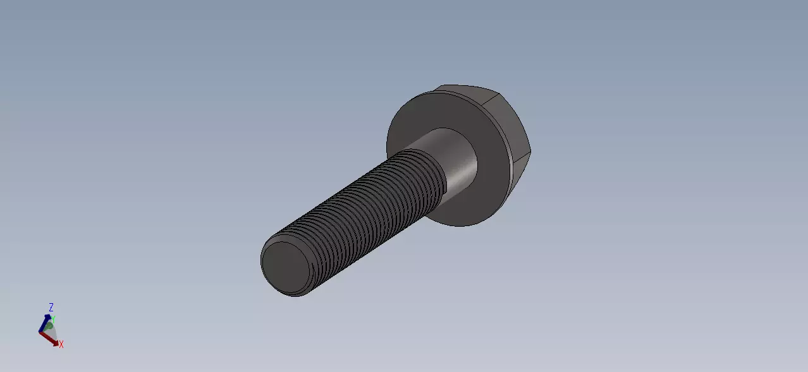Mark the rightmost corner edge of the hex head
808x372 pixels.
[x=530, y=152]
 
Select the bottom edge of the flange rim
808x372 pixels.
[x=465, y=225]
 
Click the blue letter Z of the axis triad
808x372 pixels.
[x=51, y=308]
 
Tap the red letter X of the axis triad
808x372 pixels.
[x=61, y=344]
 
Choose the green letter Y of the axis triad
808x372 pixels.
[x=53, y=320]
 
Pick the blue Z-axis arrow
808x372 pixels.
[x=47, y=321]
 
